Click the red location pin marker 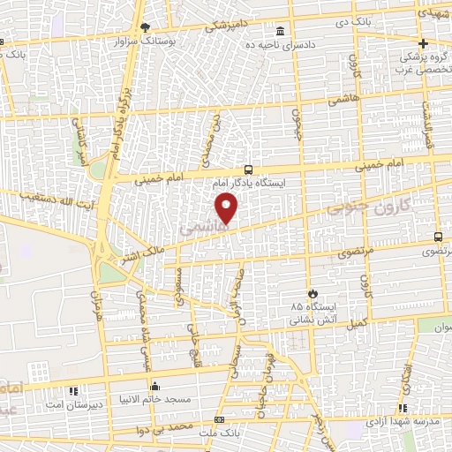(227, 208)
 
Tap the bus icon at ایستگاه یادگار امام (248, 169)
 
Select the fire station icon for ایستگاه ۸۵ (311, 293)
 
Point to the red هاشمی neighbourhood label (204, 227)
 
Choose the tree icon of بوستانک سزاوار (144, 28)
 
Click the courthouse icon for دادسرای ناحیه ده (281, 28)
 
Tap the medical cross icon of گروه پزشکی (423, 44)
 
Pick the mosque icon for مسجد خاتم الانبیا (155, 386)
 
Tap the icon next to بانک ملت (219, 419)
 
